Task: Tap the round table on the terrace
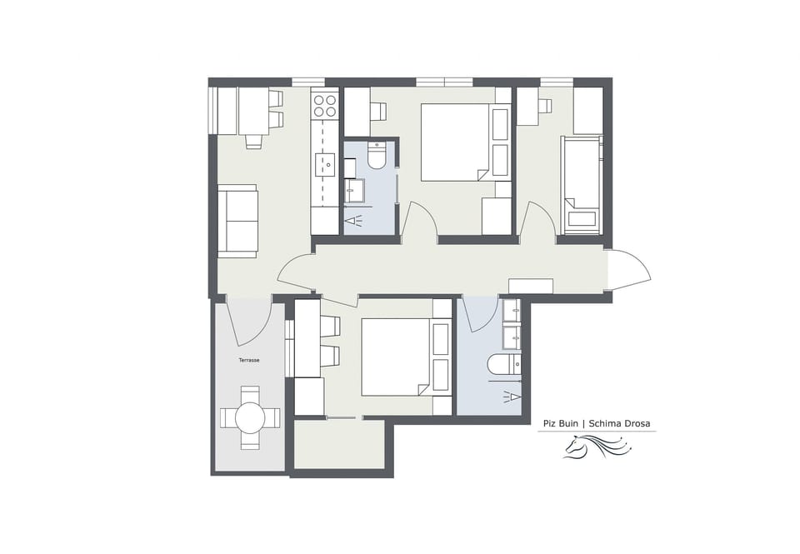click(x=250, y=417)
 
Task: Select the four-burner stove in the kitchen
click(x=324, y=105)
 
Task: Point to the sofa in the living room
click(x=237, y=221)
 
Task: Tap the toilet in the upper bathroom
click(x=377, y=156)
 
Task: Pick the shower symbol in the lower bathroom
click(x=512, y=397)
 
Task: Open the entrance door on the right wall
click(x=629, y=269)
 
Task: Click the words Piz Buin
click(x=562, y=423)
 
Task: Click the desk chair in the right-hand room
click(x=546, y=106)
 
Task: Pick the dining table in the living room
click(x=253, y=110)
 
